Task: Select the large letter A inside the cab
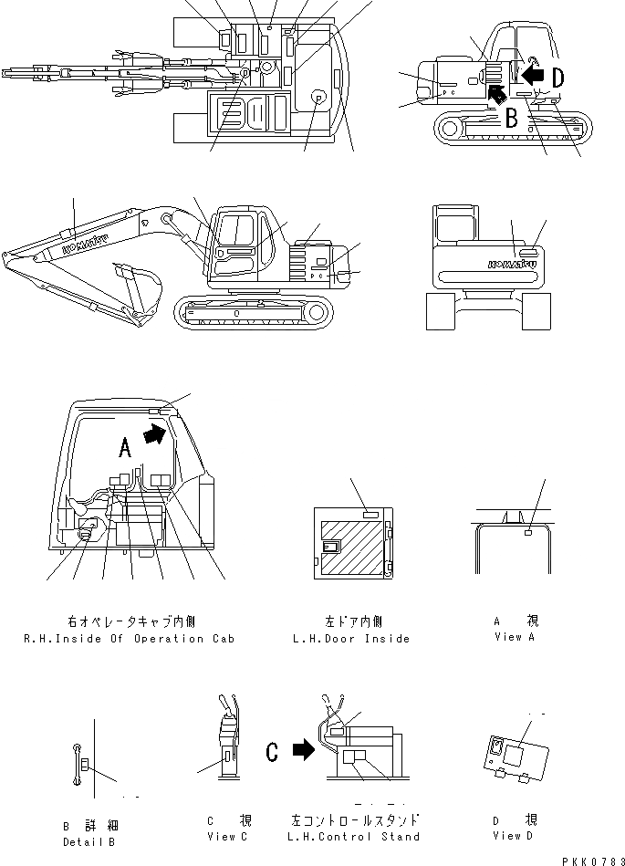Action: point(125,445)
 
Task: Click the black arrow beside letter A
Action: point(157,435)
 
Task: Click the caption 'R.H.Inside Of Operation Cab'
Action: point(129,639)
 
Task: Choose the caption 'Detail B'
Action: point(89,842)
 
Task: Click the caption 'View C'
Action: point(222,837)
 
